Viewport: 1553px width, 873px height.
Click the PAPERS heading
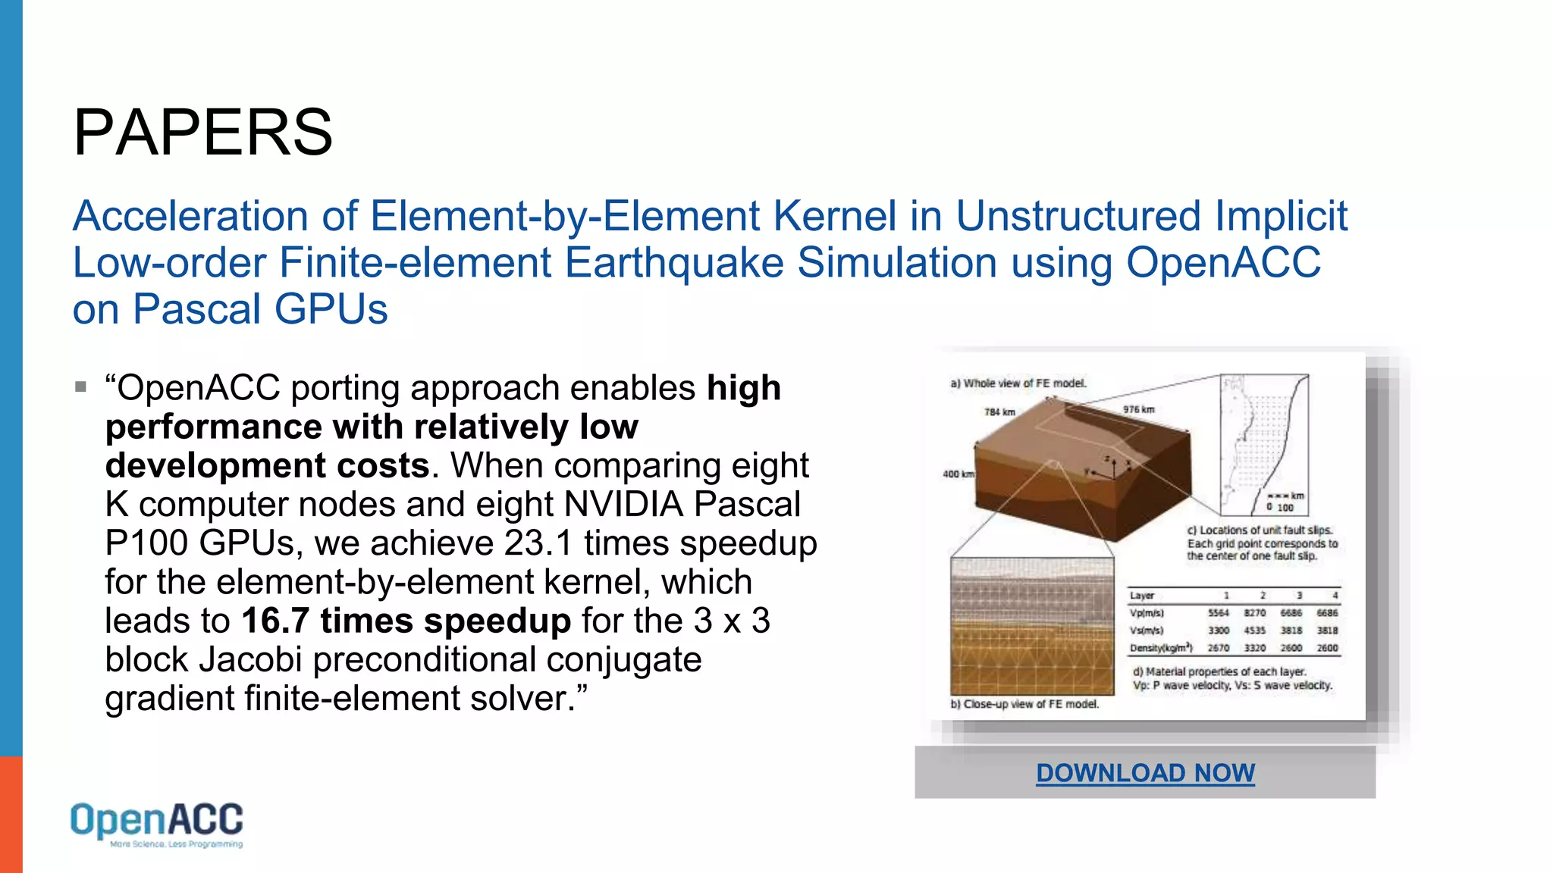pos(202,133)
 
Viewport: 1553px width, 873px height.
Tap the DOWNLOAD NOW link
pos(1145,773)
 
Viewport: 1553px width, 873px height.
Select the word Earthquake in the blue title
pos(674,263)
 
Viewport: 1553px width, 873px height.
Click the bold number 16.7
pos(275,621)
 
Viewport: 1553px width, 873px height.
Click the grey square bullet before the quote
pos(81,387)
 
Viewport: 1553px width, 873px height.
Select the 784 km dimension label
pos(999,412)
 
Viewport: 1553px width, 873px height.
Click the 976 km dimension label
pos(1138,410)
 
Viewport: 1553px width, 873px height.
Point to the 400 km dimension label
pos(958,474)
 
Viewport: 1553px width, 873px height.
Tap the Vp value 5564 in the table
pos(1218,613)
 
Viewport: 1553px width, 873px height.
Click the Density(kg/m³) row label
pos(1160,649)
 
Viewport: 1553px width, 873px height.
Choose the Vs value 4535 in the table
pos(1254,630)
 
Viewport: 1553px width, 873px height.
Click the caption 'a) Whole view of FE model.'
pos(1018,383)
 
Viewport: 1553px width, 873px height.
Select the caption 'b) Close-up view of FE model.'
pos(1024,704)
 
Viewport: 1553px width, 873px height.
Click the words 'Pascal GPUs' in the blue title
pos(260,310)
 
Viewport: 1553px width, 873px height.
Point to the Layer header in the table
pos(1141,596)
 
